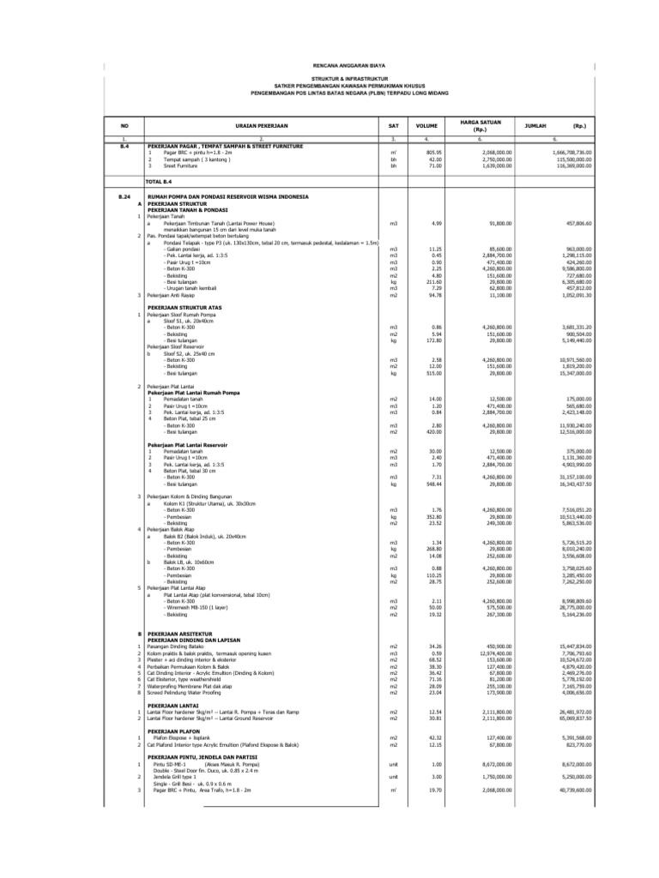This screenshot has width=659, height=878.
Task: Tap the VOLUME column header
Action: pos(426,125)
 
